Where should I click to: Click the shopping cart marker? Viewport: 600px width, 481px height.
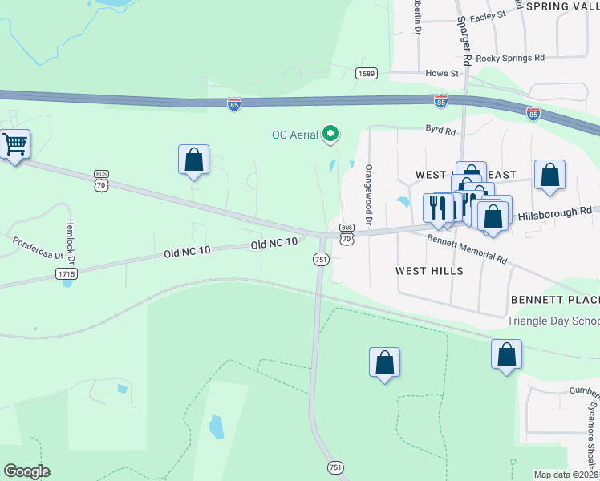point(14,145)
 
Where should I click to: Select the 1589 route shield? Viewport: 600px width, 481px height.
point(367,73)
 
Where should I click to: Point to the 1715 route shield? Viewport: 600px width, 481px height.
point(67,274)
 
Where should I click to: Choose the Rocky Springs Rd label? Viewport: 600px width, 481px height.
point(510,58)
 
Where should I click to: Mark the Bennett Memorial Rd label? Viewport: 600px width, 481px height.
point(468,249)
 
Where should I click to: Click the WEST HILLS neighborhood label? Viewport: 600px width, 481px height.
point(429,271)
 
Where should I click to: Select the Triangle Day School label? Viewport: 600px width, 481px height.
point(553,321)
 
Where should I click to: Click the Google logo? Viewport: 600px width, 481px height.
point(26,471)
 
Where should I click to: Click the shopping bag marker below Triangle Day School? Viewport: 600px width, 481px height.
point(507,355)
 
